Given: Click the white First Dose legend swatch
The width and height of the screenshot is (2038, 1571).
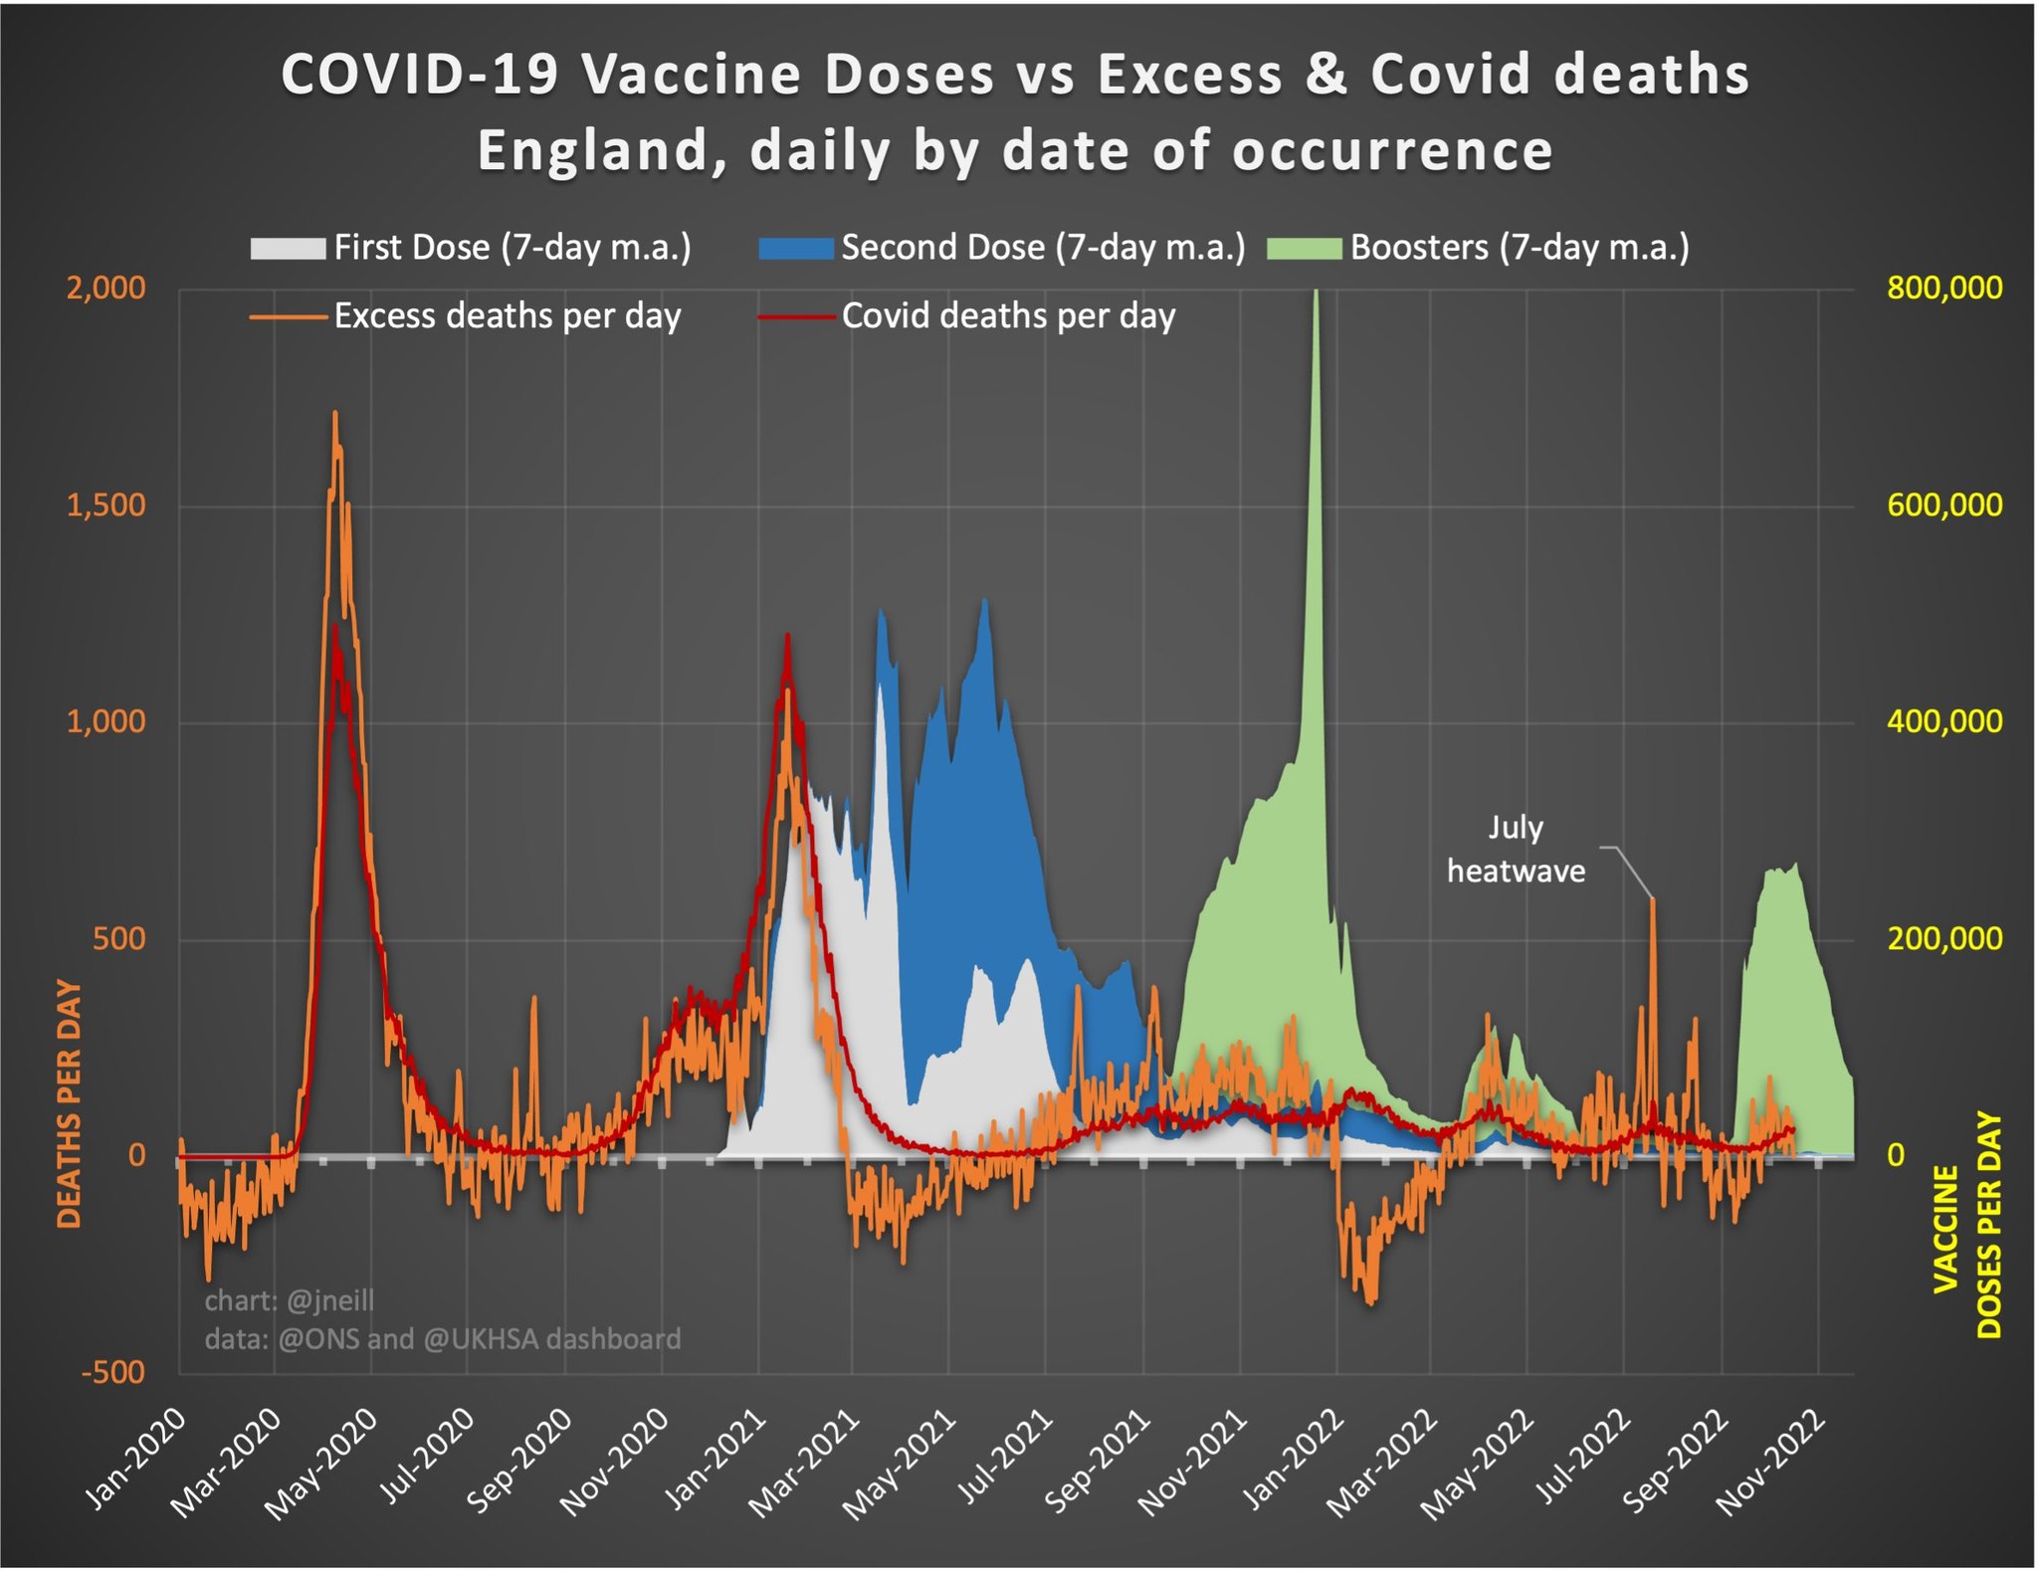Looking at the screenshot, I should click(288, 248).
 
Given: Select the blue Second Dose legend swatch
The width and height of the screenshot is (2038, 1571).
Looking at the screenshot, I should click(795, 248).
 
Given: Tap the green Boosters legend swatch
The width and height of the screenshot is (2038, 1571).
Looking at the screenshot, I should click(1304, 248).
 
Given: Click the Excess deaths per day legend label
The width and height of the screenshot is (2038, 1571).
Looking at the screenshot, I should click(508, 316).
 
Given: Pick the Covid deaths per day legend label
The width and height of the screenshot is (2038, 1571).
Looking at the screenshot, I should click(1008, 316).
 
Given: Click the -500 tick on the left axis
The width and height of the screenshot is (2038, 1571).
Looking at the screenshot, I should click(113, 1372).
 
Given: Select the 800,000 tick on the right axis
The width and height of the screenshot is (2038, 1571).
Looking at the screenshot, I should click(1944, 289).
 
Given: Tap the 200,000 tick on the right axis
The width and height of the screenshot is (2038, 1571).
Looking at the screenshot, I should click(1944, 938).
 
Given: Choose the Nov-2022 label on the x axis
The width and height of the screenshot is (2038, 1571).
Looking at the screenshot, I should click(1773, 1463).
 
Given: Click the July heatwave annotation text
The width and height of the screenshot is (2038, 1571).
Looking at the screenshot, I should click(1516, 849).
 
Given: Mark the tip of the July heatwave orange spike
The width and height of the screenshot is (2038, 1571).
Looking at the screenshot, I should click(1653, 899).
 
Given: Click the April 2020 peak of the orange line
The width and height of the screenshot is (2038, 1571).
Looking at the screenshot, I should click(334, 412).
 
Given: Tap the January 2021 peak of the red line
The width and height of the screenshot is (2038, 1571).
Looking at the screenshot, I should click(787, 635).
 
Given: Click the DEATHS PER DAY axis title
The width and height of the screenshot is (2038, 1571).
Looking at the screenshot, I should click(69, 1103).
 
